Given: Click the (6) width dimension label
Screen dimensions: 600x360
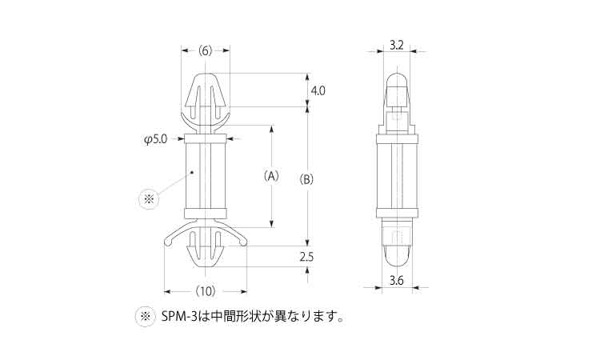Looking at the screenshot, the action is (206, 51).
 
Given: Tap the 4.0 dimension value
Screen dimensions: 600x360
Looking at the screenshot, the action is (318, 90).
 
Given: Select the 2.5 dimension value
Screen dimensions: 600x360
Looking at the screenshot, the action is (306, 257).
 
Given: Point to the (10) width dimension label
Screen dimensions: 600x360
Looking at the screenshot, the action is (206, 291).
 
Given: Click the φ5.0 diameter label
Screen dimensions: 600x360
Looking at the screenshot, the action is (156, 140).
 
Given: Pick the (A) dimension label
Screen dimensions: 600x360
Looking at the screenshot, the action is (271, 176).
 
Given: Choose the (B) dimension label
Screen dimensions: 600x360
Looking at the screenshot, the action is (306, 179).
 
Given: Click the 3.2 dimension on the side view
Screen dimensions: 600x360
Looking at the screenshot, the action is (397, 46).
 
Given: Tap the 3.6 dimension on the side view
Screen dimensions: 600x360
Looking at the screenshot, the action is (397, 281).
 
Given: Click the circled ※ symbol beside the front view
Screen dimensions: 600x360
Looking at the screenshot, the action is (149, 199).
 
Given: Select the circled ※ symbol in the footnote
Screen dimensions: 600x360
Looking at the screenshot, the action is (146, 317).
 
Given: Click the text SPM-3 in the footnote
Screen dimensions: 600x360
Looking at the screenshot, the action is (179, 317).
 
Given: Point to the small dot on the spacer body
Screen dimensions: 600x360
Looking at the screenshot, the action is (193, 173).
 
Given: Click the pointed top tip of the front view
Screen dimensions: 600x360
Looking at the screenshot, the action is (206, 73).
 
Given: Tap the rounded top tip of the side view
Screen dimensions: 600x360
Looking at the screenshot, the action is (397, 73).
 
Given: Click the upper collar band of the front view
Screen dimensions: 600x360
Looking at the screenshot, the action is (206, 138).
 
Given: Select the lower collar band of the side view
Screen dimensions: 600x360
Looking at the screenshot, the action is (397, 213).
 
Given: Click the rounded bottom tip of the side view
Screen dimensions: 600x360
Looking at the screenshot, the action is (397, 265).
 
